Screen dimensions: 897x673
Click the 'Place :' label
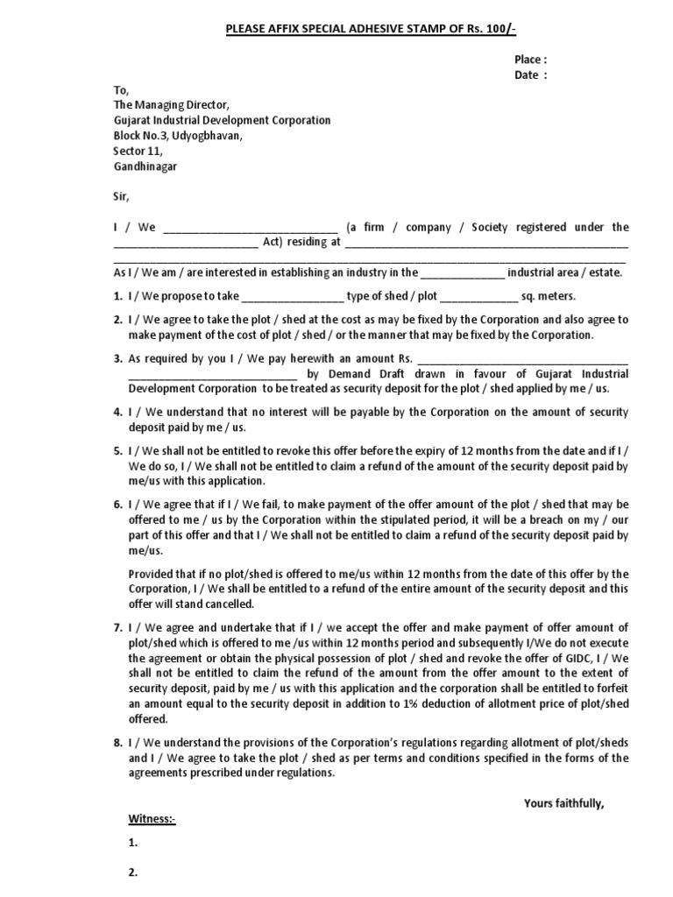(530, 60)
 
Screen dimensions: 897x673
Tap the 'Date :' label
(530, 75)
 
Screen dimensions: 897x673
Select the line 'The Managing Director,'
(171, 105)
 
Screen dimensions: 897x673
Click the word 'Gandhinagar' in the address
(145, 166)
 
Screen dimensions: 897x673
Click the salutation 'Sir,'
(121, 197)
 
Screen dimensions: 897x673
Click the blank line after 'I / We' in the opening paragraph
(250, 228)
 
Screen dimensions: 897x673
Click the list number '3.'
(118, 358)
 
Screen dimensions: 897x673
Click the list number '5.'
(118, 450)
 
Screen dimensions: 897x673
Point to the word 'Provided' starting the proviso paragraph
(150, 574)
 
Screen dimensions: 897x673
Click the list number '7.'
(118, 627)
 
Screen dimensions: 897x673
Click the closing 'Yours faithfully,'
(564, 803)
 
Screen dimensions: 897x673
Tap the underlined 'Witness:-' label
(152, 820)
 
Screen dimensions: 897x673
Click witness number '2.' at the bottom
(133, 872)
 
